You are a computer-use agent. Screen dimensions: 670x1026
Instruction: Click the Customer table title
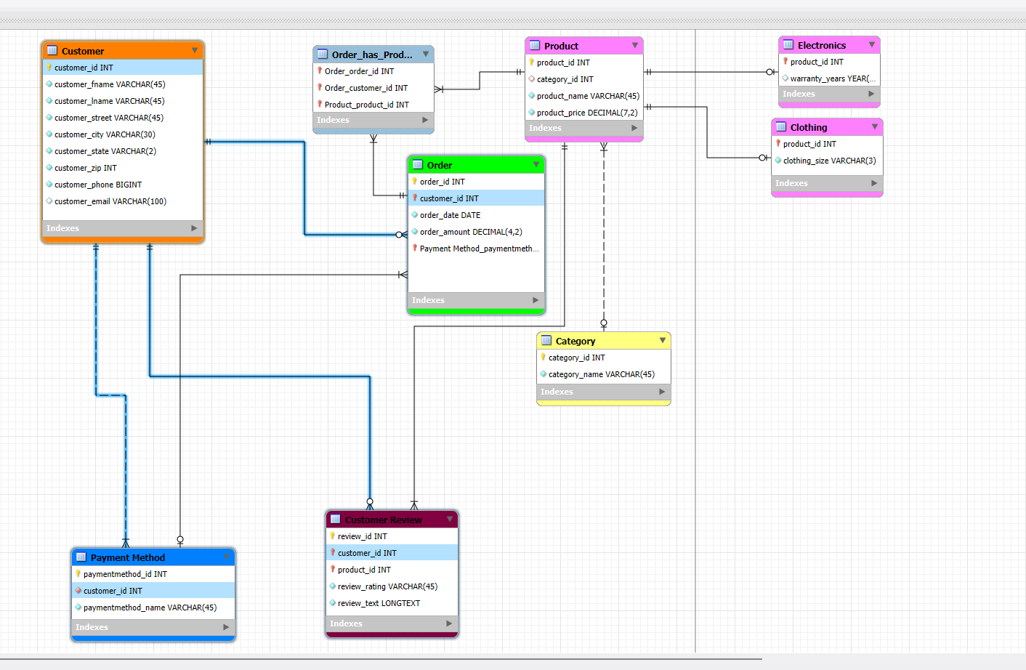click(x=83, y=51)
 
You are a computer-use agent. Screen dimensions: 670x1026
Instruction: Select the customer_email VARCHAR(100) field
click(x=110, y=201)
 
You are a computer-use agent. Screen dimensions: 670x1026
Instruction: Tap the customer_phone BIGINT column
click(x=97, y=185)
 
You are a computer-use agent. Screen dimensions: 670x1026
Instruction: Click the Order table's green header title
click(x=439, y=165)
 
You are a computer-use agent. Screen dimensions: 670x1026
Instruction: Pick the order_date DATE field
click(x=450, y=215)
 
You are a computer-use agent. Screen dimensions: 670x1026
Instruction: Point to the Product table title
click(x=561, y=46)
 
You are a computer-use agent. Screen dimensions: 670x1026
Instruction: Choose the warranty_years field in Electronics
click(x=832, y=78)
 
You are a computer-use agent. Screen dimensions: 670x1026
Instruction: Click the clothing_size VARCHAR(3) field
click(x=829, y=161)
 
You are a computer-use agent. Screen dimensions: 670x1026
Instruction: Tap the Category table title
click(x=575, y=341)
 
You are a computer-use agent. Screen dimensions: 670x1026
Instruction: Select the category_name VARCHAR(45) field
click(x=601, y=374)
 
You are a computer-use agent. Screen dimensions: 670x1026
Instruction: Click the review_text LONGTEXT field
click(x=379, y=603)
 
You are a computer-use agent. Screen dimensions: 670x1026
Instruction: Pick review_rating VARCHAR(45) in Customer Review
click(x=387, y=586)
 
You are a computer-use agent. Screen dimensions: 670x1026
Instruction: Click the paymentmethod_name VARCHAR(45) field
click(x=150, y=608)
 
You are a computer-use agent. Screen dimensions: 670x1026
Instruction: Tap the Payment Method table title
click(x=127, y=557)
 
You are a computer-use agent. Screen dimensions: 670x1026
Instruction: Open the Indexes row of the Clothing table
click(x=792, y=183)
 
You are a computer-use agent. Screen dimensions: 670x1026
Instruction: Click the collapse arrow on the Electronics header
click(x=872, y=45)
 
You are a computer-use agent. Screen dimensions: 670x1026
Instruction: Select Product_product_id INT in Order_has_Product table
click(x=366, y=105)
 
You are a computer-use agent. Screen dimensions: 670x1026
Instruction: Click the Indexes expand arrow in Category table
click(x=662, y=392)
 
